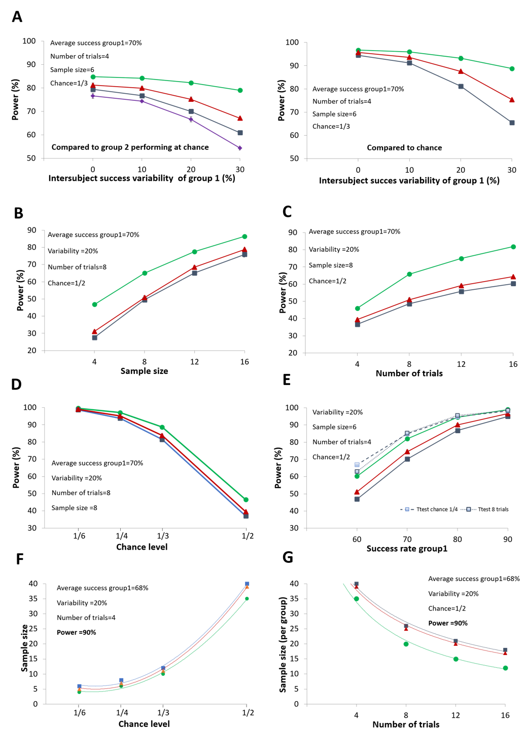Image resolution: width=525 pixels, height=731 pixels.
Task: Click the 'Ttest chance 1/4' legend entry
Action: coord(429,509)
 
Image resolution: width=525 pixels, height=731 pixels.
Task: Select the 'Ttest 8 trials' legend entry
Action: coord(487,509)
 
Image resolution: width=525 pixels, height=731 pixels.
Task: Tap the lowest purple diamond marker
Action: coord(240,148)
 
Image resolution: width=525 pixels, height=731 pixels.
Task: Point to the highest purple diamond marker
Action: coord(93,95)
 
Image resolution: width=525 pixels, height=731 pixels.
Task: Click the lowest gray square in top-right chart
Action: coord(512,123)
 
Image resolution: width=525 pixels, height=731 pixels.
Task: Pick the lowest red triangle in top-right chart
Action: coord(512,100)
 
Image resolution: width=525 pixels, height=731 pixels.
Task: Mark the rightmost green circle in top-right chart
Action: coord(512,68)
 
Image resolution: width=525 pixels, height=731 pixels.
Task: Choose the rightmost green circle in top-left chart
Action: coord(240,90)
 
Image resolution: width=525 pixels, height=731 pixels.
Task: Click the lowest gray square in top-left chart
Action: coord(240,133)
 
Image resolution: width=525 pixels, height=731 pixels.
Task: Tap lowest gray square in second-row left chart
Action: coord(95,337)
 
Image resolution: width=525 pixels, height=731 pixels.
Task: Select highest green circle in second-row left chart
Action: coord(245,237)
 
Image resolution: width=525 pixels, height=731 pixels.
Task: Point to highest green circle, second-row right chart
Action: coord(513,247)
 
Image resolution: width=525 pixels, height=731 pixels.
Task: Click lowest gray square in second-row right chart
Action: coord(358,324)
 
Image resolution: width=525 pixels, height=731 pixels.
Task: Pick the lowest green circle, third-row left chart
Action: coord(246,500)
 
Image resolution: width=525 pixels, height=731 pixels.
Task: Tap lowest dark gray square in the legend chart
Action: coord(357,499)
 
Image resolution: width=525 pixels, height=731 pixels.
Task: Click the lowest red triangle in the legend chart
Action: coord(357,492)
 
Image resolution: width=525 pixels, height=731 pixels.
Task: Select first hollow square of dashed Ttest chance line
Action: coord(357,465)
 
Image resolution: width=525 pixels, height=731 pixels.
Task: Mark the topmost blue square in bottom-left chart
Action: coord(248,584)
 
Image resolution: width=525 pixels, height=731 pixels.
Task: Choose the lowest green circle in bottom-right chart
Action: coord(506,668)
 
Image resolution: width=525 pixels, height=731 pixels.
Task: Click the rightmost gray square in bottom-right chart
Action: coord(506,650)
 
